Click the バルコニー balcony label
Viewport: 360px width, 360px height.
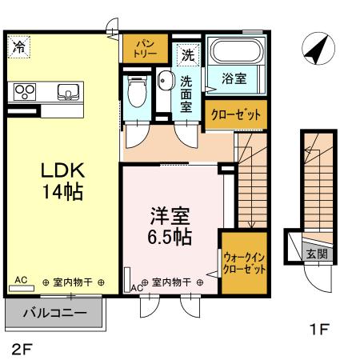point(54,312)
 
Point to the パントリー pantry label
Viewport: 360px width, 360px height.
point(144,47)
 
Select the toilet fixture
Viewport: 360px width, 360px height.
point(135,93)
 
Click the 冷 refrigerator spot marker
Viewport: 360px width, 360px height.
point(18,47)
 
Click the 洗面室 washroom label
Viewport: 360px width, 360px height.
point(186,93)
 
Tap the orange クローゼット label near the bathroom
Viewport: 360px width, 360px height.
point(236,114)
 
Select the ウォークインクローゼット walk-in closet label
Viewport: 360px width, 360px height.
point(243,263)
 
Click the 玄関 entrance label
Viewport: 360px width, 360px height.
point(317,254)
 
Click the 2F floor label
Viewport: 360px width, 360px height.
point(22,349)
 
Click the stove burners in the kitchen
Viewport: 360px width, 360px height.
point(24,91)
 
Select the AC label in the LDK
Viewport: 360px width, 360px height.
point(21,280)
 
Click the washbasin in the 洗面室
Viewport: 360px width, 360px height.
point(165,79)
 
